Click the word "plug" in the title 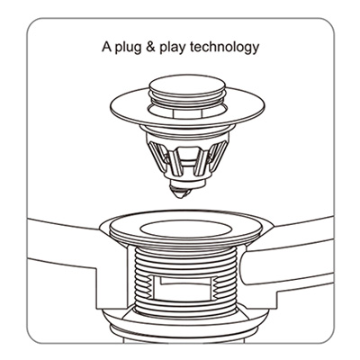click(128, 49)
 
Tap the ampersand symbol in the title click(150, 48)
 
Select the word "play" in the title click(172, 49)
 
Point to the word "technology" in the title click(224, 49)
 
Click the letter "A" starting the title click(106, 47)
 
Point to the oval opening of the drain click(186, 229)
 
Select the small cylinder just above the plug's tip click(186, 183)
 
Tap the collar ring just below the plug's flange click(186, 130)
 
